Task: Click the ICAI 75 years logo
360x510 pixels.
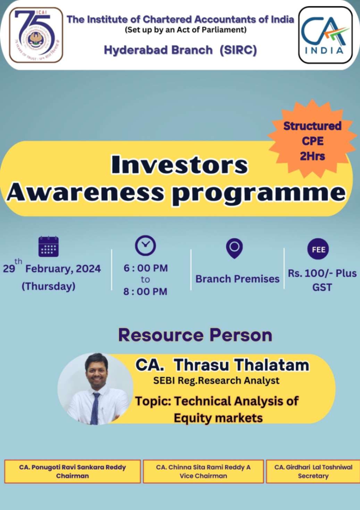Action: tap(36, 35)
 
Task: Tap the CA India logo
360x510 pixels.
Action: tap(325, 35)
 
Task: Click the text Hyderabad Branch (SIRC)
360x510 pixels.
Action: tap(180, 50)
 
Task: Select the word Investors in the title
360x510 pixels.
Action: tap(179, 165)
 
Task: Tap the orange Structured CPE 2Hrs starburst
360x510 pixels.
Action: tap(312, 140)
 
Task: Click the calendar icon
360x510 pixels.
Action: tap(48, 247)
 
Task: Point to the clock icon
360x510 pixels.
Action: tap(145, 245)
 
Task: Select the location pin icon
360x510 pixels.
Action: tap(234, 248)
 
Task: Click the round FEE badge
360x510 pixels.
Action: tap(318, 249)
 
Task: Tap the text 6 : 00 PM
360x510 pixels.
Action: tap(145, 268)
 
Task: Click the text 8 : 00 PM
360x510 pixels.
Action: tap(145, 291)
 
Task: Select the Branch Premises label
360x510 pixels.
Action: tap(237, 279)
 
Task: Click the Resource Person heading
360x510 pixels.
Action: tap(195, 335)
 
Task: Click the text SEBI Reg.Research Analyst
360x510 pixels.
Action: tap(216, 381)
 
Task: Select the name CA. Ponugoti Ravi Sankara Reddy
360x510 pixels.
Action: tap(72, 467)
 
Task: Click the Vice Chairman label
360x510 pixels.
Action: tap(203, 476)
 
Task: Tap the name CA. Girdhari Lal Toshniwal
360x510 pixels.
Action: tap(313, 467)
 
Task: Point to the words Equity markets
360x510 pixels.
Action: tap(218, 418)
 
